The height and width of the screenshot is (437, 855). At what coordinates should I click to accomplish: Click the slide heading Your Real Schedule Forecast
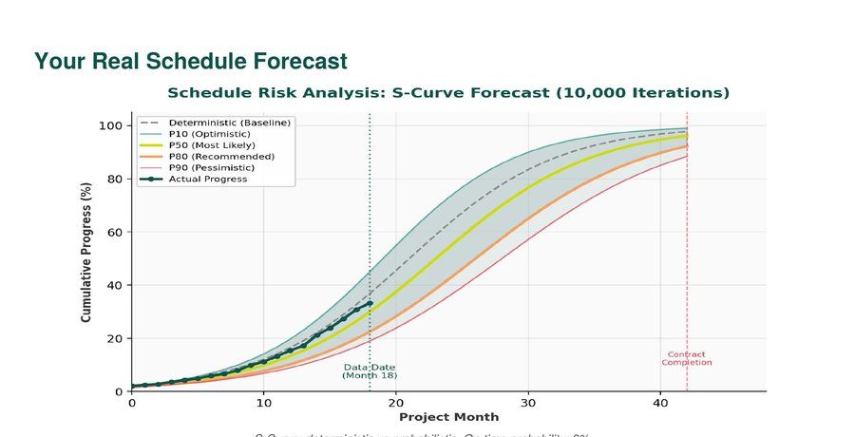pos(191,62)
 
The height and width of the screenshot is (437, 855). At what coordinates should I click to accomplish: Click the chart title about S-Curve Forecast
pos(448,93)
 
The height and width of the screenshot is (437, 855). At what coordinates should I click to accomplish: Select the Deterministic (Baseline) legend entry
pos(229,123)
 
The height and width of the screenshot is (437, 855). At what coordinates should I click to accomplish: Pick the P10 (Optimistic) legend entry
pos(210,134)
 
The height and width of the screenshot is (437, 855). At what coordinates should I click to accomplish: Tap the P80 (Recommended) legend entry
pos(221,157)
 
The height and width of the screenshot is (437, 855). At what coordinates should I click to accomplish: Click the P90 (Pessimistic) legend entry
pos(215,168)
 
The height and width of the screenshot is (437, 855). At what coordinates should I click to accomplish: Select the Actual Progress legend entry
pos(207,180)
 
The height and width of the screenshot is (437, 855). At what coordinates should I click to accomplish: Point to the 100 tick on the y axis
pos(111,125)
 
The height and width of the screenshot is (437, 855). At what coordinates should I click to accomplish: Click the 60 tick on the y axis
pos(115,232)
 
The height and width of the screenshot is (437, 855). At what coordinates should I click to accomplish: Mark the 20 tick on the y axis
pos(115,338)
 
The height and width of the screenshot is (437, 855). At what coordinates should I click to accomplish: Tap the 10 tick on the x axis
pos(264,402)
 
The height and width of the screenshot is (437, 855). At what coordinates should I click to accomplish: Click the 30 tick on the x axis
pos(528,402)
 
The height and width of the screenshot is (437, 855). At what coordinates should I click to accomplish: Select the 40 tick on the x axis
pos(660,402)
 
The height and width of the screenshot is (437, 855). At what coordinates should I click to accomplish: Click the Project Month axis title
pos(448,417)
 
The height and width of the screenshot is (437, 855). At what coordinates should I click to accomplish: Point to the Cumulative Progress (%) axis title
pos(86,257)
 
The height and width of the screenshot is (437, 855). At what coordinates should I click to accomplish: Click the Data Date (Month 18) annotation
pos(370,371)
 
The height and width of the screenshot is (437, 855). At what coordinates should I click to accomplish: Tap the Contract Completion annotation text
pos(687,359)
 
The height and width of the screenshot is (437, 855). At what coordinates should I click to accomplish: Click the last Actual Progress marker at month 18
pos(370,304)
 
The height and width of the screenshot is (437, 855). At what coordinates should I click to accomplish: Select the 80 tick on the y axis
pos(115,179)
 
